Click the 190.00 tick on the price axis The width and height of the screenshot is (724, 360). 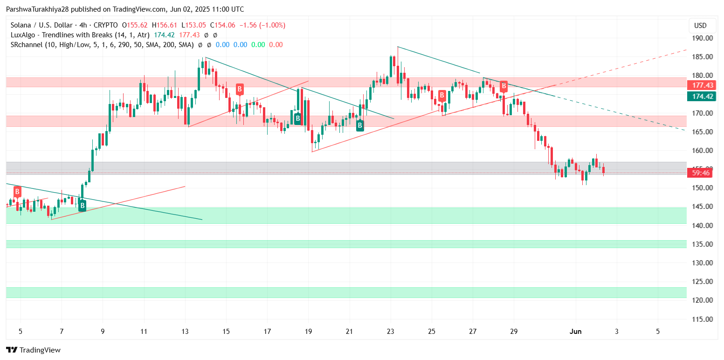(703, 38)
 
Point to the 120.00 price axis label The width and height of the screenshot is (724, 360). (703, 300)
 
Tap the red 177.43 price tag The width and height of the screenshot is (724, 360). (703, 85)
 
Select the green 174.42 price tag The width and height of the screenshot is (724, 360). (703, 97)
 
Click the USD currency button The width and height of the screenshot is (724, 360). (700, 26)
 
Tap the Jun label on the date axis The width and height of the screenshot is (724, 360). (576, 332)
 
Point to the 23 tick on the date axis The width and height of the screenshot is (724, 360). (391, 332)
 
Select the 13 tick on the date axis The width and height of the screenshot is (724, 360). (185, 332)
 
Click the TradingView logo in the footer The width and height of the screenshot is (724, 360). (33, 350)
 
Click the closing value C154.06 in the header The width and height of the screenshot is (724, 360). (226, 25)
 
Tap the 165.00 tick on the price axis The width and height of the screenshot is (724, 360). (703, 132)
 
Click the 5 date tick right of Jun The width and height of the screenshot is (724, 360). (658, 332)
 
